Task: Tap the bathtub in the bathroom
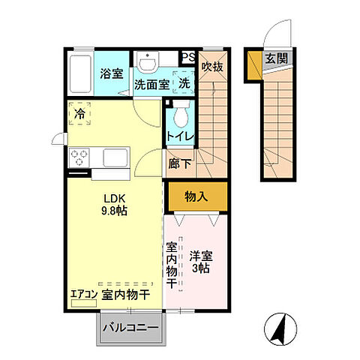pyautogui.click(x=81, y=73)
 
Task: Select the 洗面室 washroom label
pyautogui.click(x=151, y=85)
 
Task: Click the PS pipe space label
pyautogui.click(x=187, y=56)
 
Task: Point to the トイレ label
pyautogui.click(x=180, y=136)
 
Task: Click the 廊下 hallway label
pyautogui.click(x=180, y=160)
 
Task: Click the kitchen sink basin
pyautogui.click(x=117, y=158)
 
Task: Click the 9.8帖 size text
pyautogui.click(x=115, y=211)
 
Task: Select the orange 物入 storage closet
pyautogui.click(x=196, y=196)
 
